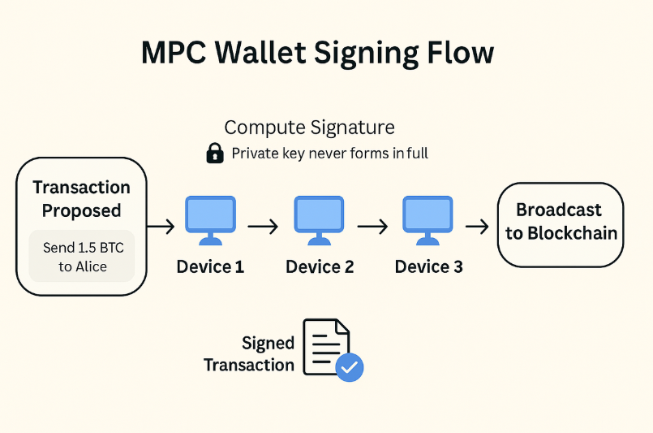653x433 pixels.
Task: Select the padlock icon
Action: (215, 153)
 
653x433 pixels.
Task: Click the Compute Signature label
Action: (309, 128)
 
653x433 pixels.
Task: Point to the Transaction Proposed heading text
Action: (81, 199)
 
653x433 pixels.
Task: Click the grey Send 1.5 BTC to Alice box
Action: (82, 256)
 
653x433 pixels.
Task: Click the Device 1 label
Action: (210, 266)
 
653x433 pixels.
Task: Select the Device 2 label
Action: (320, 266)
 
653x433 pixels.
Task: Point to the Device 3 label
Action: (428, 266)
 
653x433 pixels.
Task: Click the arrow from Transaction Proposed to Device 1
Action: (162, 227)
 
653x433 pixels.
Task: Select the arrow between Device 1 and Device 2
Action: (264, 227)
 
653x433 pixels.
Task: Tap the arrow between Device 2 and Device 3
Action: (373, 227)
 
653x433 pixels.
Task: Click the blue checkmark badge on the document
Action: (350, 367)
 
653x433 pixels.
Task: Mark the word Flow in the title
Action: (458, 53)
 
